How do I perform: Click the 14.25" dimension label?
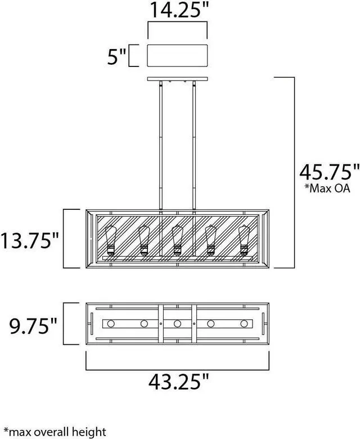pyautogui.click(x=180, y=10)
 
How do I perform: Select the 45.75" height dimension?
pyautogui.click(x=329, y=172)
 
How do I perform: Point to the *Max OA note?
pyautogui.click(x=327, y=188)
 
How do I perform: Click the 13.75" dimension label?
pyautogui.click(x=30, y=240)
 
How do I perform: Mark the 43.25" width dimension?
pyautogui.click(x=178, y=382)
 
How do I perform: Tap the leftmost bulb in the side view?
pyautogui.click(x=111, y=240)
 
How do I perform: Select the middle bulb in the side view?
pyautogui.click(x=177, y=240)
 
